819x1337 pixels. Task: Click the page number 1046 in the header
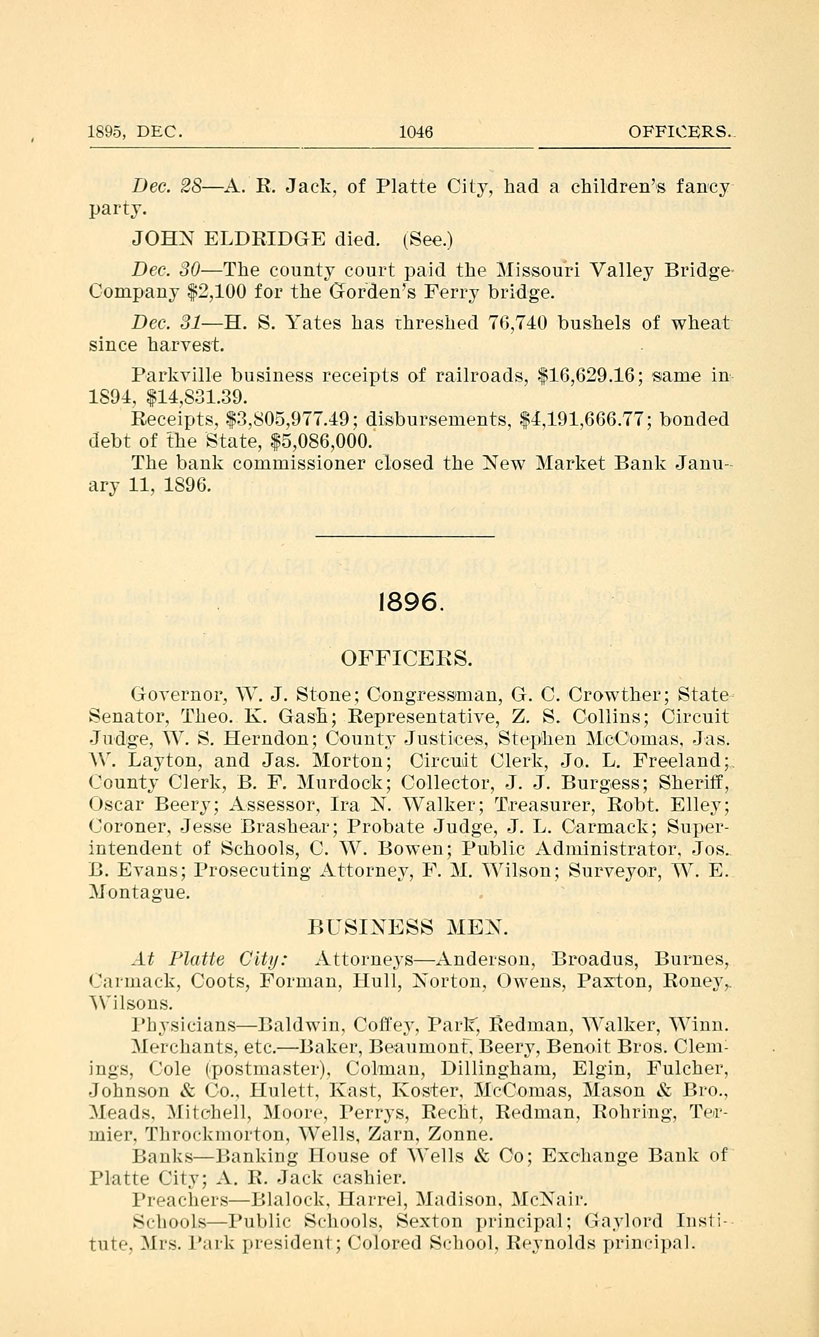pos(416,132)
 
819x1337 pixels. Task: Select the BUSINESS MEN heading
pos(408,927)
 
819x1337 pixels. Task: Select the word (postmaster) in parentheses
pos(265,1069)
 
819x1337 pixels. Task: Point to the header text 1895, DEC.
pos(135,132)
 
